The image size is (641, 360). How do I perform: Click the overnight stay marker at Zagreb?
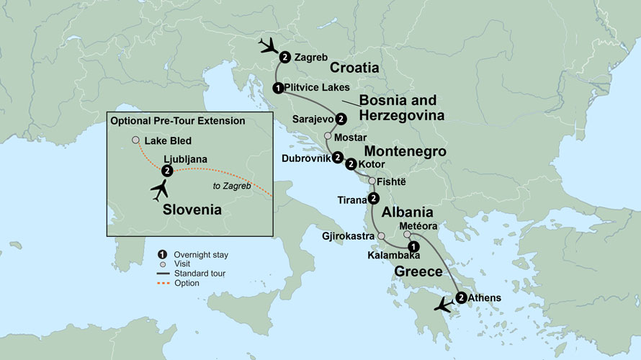point(285,57)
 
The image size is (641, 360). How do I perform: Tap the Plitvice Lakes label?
point(317,88)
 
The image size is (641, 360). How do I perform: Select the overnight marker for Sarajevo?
point(341,120)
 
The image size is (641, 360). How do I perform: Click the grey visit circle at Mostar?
point(328,136)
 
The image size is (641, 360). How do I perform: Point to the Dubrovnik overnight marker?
point(336,157)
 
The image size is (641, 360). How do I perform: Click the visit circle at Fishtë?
point(372,181)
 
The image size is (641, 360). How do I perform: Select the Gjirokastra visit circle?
point(381,235)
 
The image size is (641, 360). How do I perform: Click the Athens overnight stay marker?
point(460,297)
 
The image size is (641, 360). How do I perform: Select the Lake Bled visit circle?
point(135,140)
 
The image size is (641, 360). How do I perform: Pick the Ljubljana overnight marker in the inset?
point(167,171)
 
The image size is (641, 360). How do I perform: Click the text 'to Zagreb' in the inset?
point(228,186)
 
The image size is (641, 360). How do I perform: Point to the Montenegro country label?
point(405,152)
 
